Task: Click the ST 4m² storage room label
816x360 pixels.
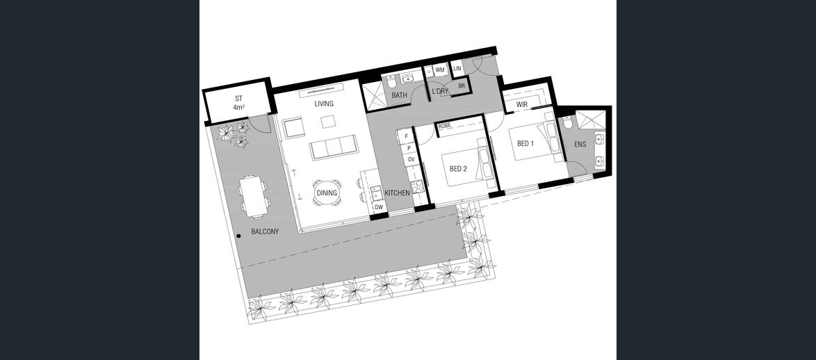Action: point(239,102)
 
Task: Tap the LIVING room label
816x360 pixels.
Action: point(324,104)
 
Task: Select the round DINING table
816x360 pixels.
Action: point(327,193)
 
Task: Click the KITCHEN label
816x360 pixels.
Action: point(397,193)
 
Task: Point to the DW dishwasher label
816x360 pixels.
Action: point(379,207)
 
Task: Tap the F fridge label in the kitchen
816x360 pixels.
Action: point(407,137)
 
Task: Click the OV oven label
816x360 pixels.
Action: point(411,159)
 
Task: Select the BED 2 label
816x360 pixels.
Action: point(458,169)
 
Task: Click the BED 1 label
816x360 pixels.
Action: point(525,144)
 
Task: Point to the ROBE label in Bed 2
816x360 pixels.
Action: point(444,126)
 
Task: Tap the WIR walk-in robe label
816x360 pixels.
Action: point(522,104)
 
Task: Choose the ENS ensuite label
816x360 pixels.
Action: point(580,144)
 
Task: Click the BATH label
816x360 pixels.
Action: point(400,95)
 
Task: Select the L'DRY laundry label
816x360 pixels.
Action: point(440,91)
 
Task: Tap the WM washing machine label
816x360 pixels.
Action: point(440,69)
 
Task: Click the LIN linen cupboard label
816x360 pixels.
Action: point(457,68)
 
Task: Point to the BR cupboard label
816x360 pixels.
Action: point(462,86)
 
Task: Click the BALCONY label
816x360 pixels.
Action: point(265,231)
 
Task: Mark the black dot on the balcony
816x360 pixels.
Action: point(238,236)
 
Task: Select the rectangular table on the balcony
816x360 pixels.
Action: point(254,196)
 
